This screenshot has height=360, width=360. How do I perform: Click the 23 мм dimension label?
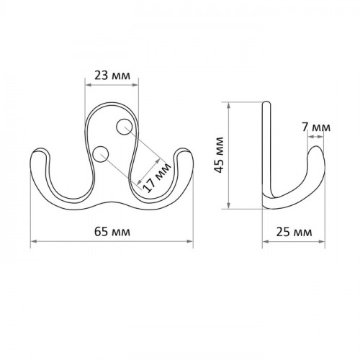112,76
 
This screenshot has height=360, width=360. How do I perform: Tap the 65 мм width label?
112,232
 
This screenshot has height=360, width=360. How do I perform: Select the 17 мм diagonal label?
157,177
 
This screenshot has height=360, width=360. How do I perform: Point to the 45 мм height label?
220,155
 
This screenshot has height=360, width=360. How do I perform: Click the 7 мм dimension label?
316,127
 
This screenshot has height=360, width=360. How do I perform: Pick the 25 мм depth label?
294,232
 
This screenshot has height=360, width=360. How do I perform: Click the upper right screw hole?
124,127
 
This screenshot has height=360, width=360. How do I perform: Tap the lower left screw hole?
101,154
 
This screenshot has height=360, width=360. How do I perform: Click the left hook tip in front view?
40,149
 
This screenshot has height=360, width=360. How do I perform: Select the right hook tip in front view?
184,149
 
